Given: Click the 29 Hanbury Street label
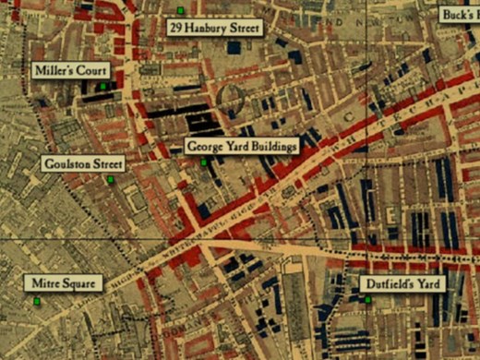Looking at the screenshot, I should point(215,29).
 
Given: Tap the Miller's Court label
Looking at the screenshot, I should point(70,71).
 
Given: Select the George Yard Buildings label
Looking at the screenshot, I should point(241,146).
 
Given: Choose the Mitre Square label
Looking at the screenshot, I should point(61,283).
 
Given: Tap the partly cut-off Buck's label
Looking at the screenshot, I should point(459,15).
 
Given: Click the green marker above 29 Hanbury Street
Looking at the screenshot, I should point(180,10).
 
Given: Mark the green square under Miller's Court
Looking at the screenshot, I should point(103,87).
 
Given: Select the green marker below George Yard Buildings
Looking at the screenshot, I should point(204,162).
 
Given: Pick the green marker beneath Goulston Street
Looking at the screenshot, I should point(109,179).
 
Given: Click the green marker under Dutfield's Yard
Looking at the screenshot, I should point(367,300).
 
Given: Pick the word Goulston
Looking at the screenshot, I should point(66,163).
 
